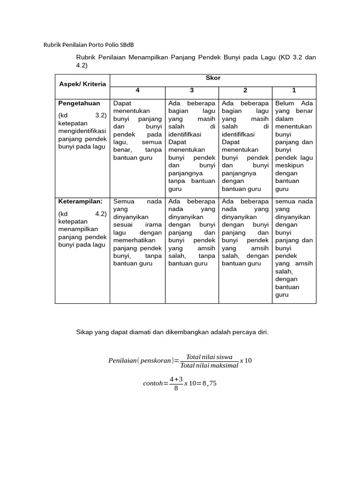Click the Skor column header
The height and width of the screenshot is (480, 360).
pos(213,78)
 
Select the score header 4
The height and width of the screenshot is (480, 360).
pos(137,90)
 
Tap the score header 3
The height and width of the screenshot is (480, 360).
pos(192,90)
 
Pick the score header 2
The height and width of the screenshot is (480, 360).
pos(245,90)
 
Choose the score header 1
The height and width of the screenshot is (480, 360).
pos(294,90)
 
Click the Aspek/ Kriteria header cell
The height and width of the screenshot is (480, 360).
pos(82,84)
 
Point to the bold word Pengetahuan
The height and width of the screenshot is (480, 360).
pos(79,103)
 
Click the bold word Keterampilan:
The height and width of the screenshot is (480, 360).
pos(80,202)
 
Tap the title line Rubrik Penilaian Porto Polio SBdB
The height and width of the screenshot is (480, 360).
pos(89,45)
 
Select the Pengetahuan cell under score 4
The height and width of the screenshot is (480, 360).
pos(137,130)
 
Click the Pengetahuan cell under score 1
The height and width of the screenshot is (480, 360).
pos(294,146)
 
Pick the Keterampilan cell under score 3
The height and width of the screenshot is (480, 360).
pos(192,232)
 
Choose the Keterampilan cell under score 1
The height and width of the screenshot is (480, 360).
pos(294,248)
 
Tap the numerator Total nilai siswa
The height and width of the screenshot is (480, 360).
pos(209,357)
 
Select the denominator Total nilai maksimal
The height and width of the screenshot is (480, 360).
pos(209,366)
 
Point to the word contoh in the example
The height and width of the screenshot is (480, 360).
pos(153,383)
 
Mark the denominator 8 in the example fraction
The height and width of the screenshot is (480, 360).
pos(176,388)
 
